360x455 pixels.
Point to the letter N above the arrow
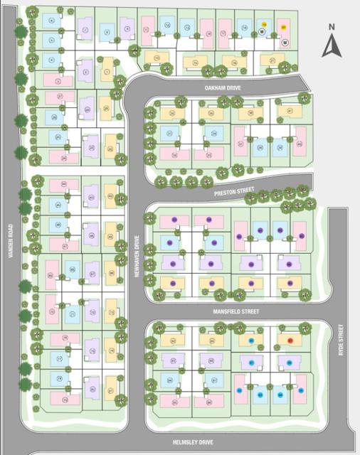(x=332, y=27)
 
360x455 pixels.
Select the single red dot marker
(x=290, y=340)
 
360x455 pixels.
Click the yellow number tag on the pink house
(x=284, y=26)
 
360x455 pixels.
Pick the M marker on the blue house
(x=262, y=33)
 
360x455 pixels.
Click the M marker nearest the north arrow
(x=285, y=42)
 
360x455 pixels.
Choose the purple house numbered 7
(x=86, y=30)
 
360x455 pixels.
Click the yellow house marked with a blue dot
(x=251, y=340)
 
